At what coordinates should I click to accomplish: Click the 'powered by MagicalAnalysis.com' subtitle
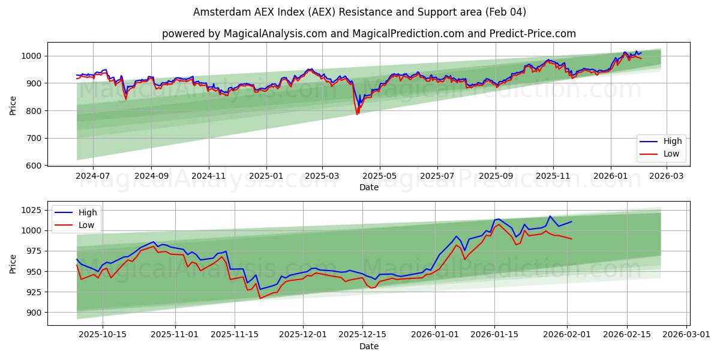tap(368, 34)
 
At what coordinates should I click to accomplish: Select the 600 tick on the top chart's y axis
tap(34, 166)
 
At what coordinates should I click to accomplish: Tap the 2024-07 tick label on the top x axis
tap(93, 177)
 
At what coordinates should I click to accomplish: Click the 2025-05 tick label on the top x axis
tap(380, 177)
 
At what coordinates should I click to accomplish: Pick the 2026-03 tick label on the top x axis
tap(667, 177)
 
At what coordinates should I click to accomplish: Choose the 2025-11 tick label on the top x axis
tap(552, 177)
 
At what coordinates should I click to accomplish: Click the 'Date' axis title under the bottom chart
tap(368, 346)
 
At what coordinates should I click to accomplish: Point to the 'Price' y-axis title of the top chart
tap(13, 105)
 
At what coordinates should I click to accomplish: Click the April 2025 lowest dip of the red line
tap(358, 115)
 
